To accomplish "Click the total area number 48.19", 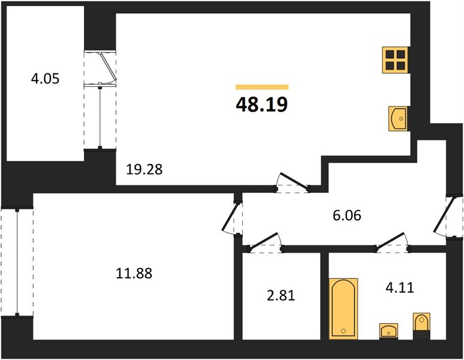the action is click(x=262, y=104).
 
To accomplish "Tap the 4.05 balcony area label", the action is click(x=46, y=79).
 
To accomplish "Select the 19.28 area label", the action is click(x=144, y=169).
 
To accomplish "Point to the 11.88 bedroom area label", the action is click(x=134, y=273).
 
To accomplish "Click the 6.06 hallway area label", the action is click(x=347, y=215).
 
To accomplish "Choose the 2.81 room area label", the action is click(x=281, y=295).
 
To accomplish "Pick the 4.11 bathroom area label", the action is click(x=399, y=287).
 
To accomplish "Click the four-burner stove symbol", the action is click(x=396, y=60).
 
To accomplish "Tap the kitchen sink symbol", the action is click(x=399, y=119).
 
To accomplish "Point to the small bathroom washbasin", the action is click(x=388, y=331).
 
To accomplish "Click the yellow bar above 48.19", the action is click(x=262, y=87).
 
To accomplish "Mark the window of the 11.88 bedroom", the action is click(x=17, y=262).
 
